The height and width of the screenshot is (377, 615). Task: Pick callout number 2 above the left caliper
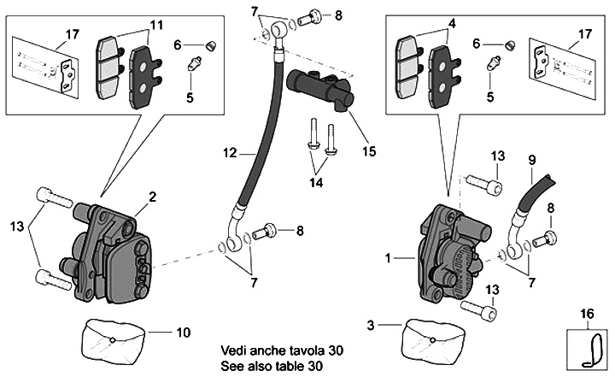151,197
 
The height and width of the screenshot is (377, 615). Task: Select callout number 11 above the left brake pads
155,24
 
